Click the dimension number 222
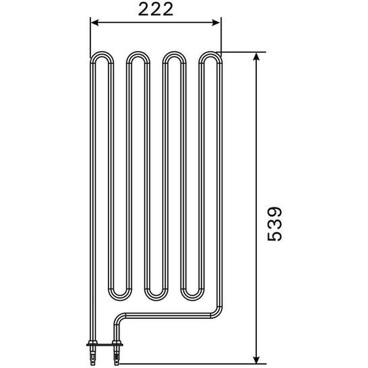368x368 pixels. pyautogui.click(x=155, y=9)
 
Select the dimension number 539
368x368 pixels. pyautogui.click(x=275, y=224)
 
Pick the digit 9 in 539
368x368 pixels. pyautogui.click(x=275, y=212)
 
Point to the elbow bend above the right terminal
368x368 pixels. pyautogui.click(x=120, y=318)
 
